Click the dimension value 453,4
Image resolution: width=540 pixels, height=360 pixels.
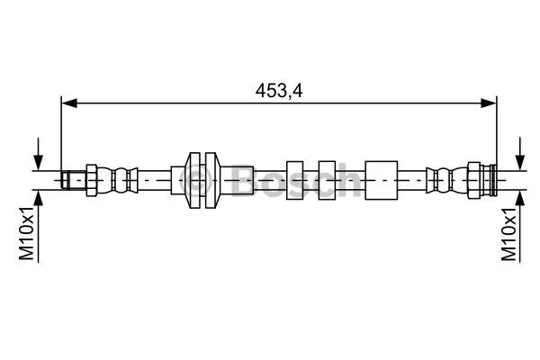pyautogui.click(x=278, y=90)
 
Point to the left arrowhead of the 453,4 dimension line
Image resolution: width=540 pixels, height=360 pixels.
pyautogui.click(x=67, y=103)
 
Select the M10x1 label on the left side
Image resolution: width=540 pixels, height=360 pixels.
pyautogui.click(x=27, y=234)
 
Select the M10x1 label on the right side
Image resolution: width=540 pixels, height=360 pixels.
pyautogui.click(x=509, y=234)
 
